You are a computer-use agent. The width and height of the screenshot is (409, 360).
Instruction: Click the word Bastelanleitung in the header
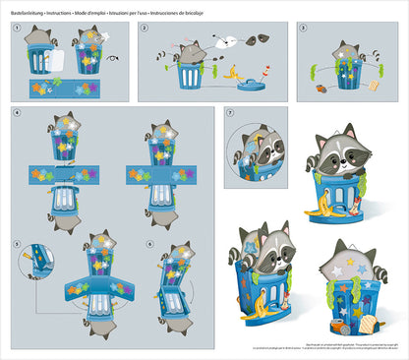[27, 9]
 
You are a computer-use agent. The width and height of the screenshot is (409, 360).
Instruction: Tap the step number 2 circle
[146, 29]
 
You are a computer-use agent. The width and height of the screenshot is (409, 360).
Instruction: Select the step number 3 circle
[303, 29]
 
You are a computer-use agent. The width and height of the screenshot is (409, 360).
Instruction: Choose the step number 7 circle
[230, 115]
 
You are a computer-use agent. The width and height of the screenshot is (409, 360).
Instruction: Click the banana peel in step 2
[234, 74]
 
